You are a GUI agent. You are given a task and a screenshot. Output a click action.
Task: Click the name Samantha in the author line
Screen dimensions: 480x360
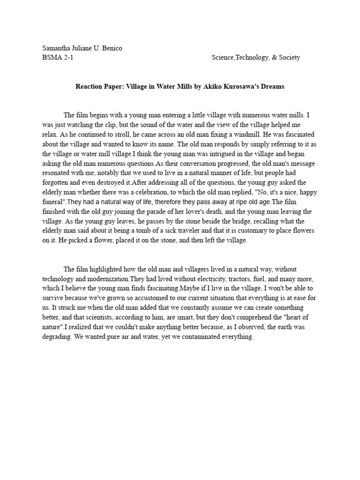coord(57,49)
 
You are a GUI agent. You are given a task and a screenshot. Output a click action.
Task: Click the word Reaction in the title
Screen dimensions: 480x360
coord(91,87)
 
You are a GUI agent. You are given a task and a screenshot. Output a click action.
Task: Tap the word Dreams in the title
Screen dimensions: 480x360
coord(271,87)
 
